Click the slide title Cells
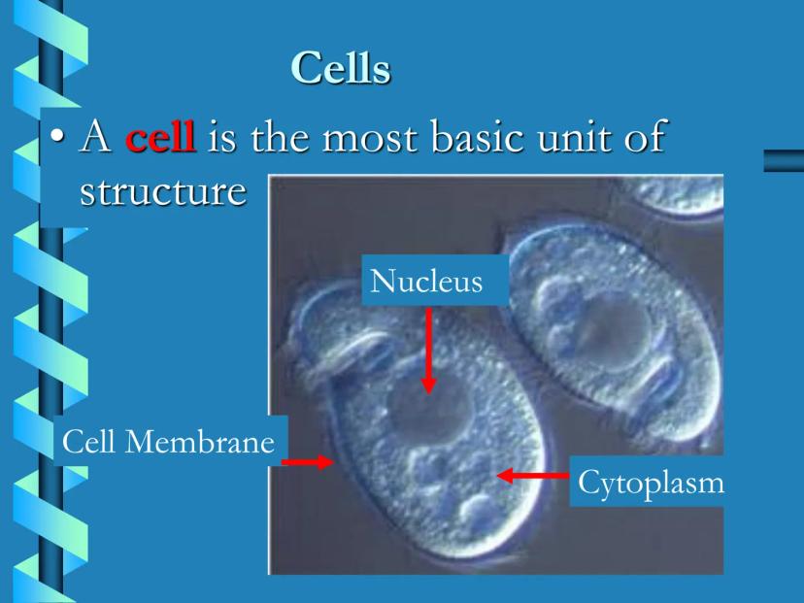pos(341,67)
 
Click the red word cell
pos(160,136)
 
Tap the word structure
pos(163,191)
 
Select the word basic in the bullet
pos(477,136)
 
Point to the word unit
pos(571,138)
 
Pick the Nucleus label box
pos(435,280)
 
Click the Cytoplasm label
pos(651,482)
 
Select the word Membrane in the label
pos(199,442)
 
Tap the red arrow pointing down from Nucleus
pos(428,351)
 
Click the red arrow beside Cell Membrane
pos(308,462)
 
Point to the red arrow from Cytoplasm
pos(533,476)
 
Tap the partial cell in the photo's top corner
pos(678,196)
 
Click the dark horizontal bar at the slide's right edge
pos(784,160)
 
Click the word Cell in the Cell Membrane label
pos(88,442)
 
